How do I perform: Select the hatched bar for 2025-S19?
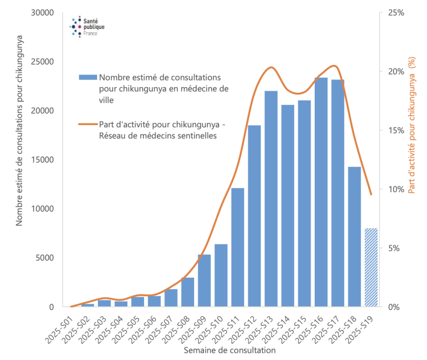371,267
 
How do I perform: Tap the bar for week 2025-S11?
237,247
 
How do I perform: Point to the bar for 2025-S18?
354,237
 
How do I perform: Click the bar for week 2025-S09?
204,281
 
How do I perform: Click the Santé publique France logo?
87,26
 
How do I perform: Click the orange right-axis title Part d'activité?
413,125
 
